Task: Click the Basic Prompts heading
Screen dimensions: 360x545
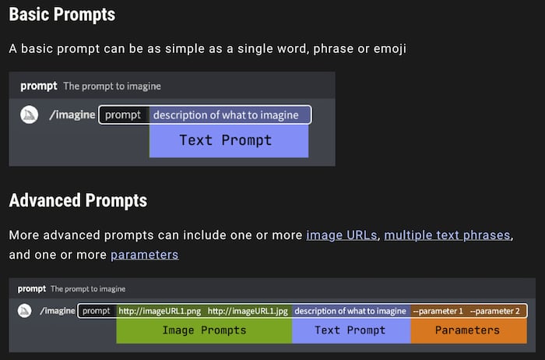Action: click(62, 14)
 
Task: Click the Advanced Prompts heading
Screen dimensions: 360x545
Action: click(78, 199)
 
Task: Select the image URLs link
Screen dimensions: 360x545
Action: click(342, 235)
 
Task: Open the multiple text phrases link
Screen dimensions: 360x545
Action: click(448, 235)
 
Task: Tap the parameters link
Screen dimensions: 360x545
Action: click(144, 255)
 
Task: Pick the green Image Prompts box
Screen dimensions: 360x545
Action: click(204, 330)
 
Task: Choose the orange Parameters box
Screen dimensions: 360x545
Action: click(467, 330)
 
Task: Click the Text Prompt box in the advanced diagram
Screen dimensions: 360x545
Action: click(350, 330)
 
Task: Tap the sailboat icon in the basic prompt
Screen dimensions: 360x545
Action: click(30, 115)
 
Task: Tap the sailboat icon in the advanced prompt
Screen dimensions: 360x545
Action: click(25, 311)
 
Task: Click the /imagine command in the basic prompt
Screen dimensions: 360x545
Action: click(72, 115)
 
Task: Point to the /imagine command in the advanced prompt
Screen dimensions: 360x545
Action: click(58, 311)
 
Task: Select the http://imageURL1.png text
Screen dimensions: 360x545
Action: click(160, 311)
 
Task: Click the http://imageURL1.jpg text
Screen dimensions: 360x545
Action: click(248, 311)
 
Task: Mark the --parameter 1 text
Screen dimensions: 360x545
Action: click(438, 311)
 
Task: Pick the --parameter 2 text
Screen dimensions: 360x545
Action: click(495, 311)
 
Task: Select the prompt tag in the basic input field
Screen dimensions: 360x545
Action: click(123, 115)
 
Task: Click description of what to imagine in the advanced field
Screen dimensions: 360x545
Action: click(350, 311)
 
